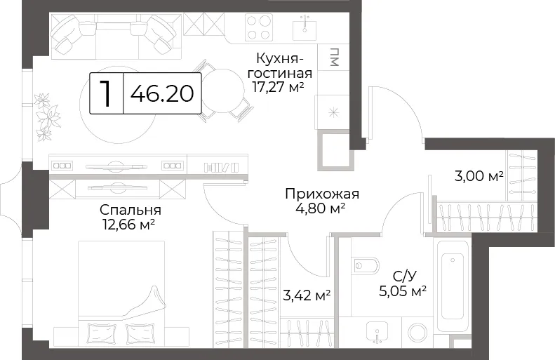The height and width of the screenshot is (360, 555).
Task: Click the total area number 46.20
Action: click(x=162, y=94)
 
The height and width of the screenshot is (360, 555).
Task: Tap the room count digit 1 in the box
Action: click(x=105, y=93)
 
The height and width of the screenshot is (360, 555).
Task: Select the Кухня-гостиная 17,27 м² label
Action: click(x=280, y=72)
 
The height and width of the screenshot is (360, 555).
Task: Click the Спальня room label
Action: click(x=131, y=210)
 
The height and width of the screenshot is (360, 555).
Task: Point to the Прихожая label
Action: click(x=322, y=194)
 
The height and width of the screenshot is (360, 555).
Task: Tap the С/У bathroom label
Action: click(x=403, y=276)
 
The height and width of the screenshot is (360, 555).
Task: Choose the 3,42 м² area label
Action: click(x=307, y=295)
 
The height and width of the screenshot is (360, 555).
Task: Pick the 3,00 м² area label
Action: click(x=479, y=176)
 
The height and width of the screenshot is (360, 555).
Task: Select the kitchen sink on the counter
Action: click(x=305, y=29)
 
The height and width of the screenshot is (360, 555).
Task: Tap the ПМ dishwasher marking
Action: click(x=334, y=57)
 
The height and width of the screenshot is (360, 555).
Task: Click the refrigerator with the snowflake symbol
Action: click(x=333, y=112)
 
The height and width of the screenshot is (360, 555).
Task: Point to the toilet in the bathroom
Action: click(x=366, y=265)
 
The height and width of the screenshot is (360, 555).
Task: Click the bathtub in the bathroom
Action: click(x=452, y=286)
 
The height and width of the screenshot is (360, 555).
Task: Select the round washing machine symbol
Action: click(x=417, y=333)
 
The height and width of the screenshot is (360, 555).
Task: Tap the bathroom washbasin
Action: click(x=377, y=332)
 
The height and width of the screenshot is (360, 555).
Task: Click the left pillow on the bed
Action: click(x=102, y=333)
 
